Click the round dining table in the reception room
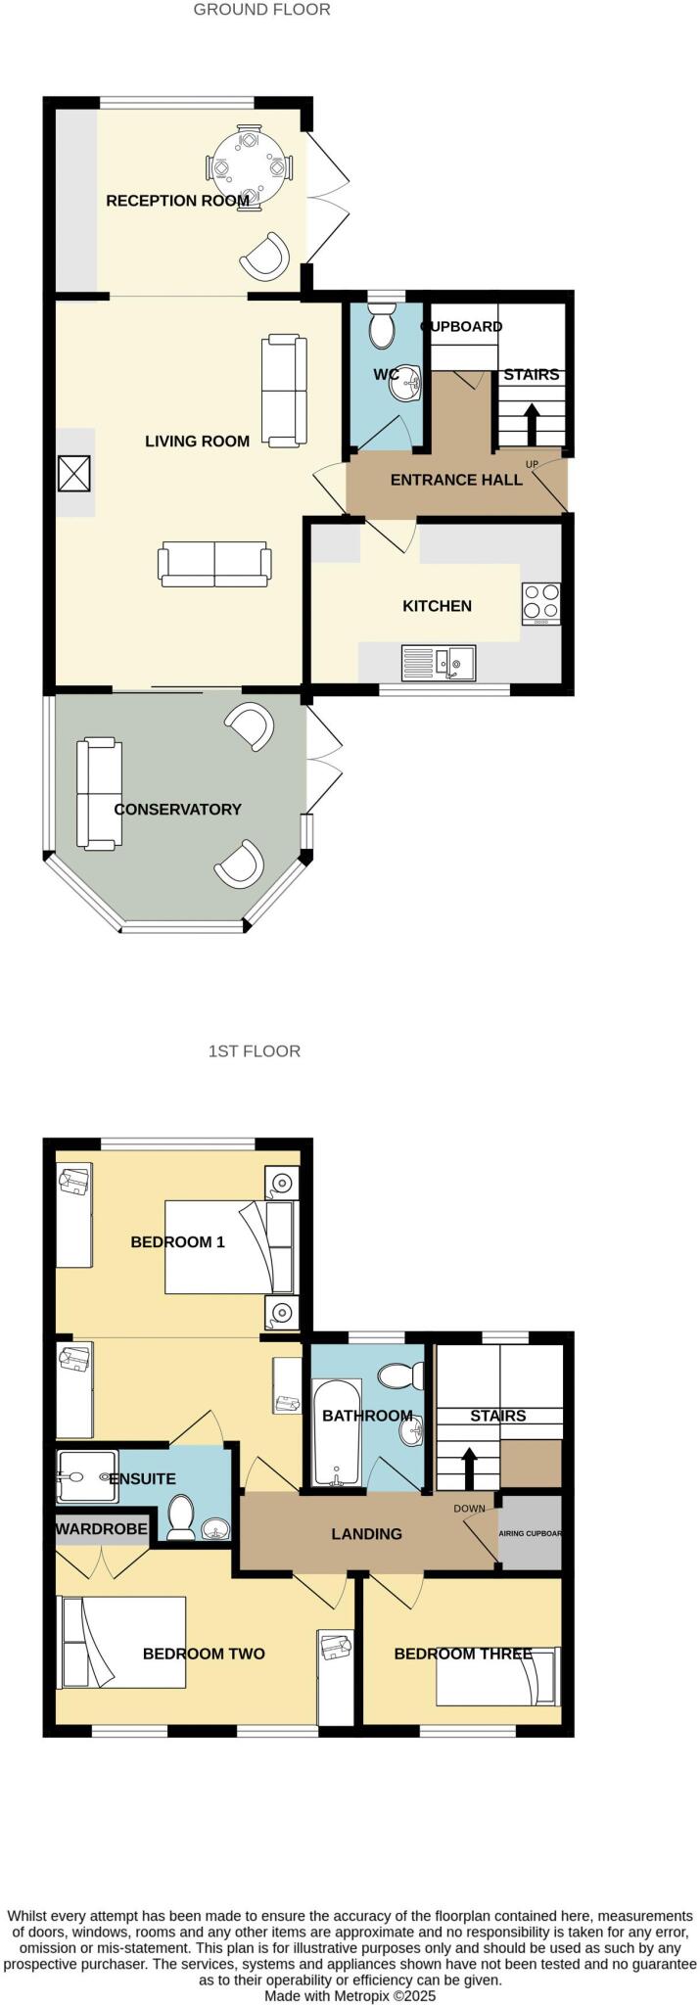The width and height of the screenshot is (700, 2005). coord(249,168)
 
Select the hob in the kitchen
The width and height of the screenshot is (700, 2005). coord(541,603)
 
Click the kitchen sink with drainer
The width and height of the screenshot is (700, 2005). coord(439,663)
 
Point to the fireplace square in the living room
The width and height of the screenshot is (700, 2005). coord(75,474)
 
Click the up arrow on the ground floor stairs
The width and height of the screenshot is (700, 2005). coord(532,422)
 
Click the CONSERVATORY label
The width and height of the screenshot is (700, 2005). coord(177,810)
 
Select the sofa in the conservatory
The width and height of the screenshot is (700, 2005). coord(99,793)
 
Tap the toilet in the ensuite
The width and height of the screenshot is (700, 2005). coord(180,1517)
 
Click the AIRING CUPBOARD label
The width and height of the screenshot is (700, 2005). coord(531,1533)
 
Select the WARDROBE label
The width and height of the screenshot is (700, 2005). coord(102,1529)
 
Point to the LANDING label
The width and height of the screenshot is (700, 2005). coord(366,1534)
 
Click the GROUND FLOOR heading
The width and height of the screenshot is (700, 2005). coord(261,10)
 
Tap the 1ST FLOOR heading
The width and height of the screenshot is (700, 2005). coord(255,1051)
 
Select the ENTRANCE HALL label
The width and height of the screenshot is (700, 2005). coord(456,480)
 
